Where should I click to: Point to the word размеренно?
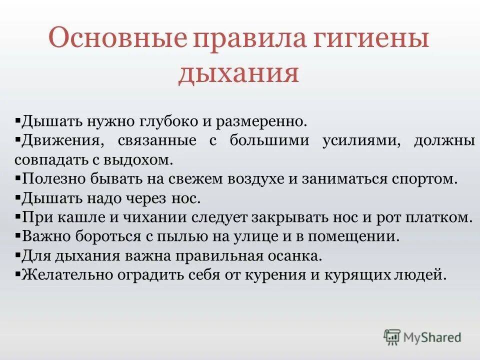pyautogui.click(x=264, y=121)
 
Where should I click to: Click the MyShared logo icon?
pyautogui.click(x=392, y=337)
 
